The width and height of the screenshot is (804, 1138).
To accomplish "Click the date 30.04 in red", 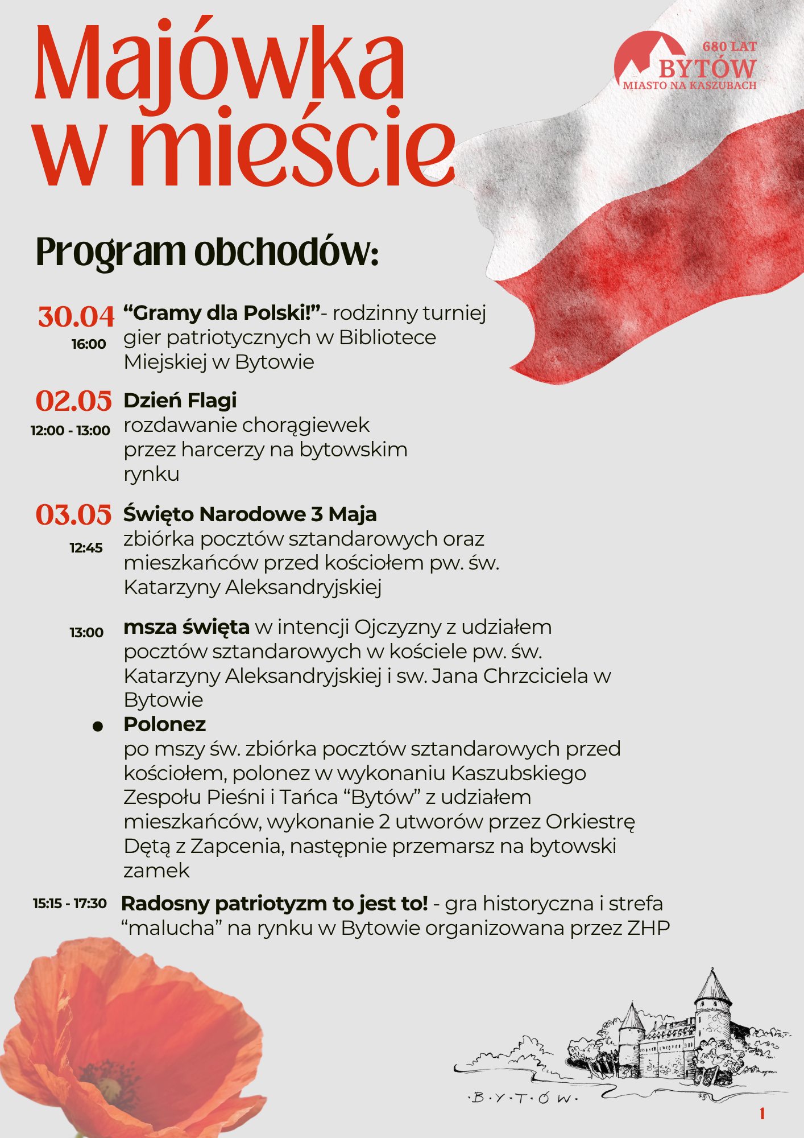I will pyautogui.click(x=76, y=317).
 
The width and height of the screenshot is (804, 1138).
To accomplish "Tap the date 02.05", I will pyautogui.click(x=74, y=401).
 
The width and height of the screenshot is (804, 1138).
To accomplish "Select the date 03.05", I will pyautogui.click(x=74, y=515).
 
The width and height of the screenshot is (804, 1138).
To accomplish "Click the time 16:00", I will pyautogui.click(x=89, y=344).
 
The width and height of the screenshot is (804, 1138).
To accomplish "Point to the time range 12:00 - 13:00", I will pyautogui.click(x=71, y=431).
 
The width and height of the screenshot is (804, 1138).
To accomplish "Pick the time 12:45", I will pyautogui.click(x=86, y=548).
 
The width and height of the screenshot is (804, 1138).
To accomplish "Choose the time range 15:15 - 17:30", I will pyautogui.click(x=70, y=904).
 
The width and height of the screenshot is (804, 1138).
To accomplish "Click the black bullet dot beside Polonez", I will pyautogui.click(x=98, y=727).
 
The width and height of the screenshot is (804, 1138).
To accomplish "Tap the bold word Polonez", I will pyautogui.click(x=164, y=724).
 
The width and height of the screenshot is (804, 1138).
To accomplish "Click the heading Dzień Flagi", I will pyautogui.click(x=180, y=401).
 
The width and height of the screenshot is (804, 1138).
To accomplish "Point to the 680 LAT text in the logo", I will pyautogui.click(x=730, y=47).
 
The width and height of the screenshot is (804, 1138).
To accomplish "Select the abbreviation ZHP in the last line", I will pyautogui.click(x=649, y=928).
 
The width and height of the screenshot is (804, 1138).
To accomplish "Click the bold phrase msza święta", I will pyautogui.click(x=187, y=627).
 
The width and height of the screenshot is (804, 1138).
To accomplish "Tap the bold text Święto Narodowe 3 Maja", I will pyautogui.click(x=250, y=514).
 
